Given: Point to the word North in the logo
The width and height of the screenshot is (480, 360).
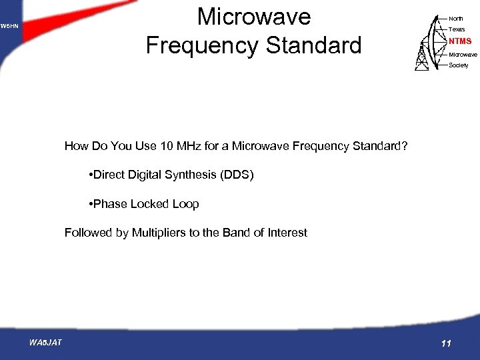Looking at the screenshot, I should (x=456, y=19).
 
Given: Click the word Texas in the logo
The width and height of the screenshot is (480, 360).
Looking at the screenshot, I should (x=457, y=29).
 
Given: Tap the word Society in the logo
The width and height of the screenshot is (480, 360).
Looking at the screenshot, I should (x=459, y=65).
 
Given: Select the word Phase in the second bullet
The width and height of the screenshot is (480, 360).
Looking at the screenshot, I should (x=109, y=204).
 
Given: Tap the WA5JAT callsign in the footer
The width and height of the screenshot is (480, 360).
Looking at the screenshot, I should (x=45, y=342).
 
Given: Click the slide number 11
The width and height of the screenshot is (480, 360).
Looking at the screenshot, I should (x=446, y=343).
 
